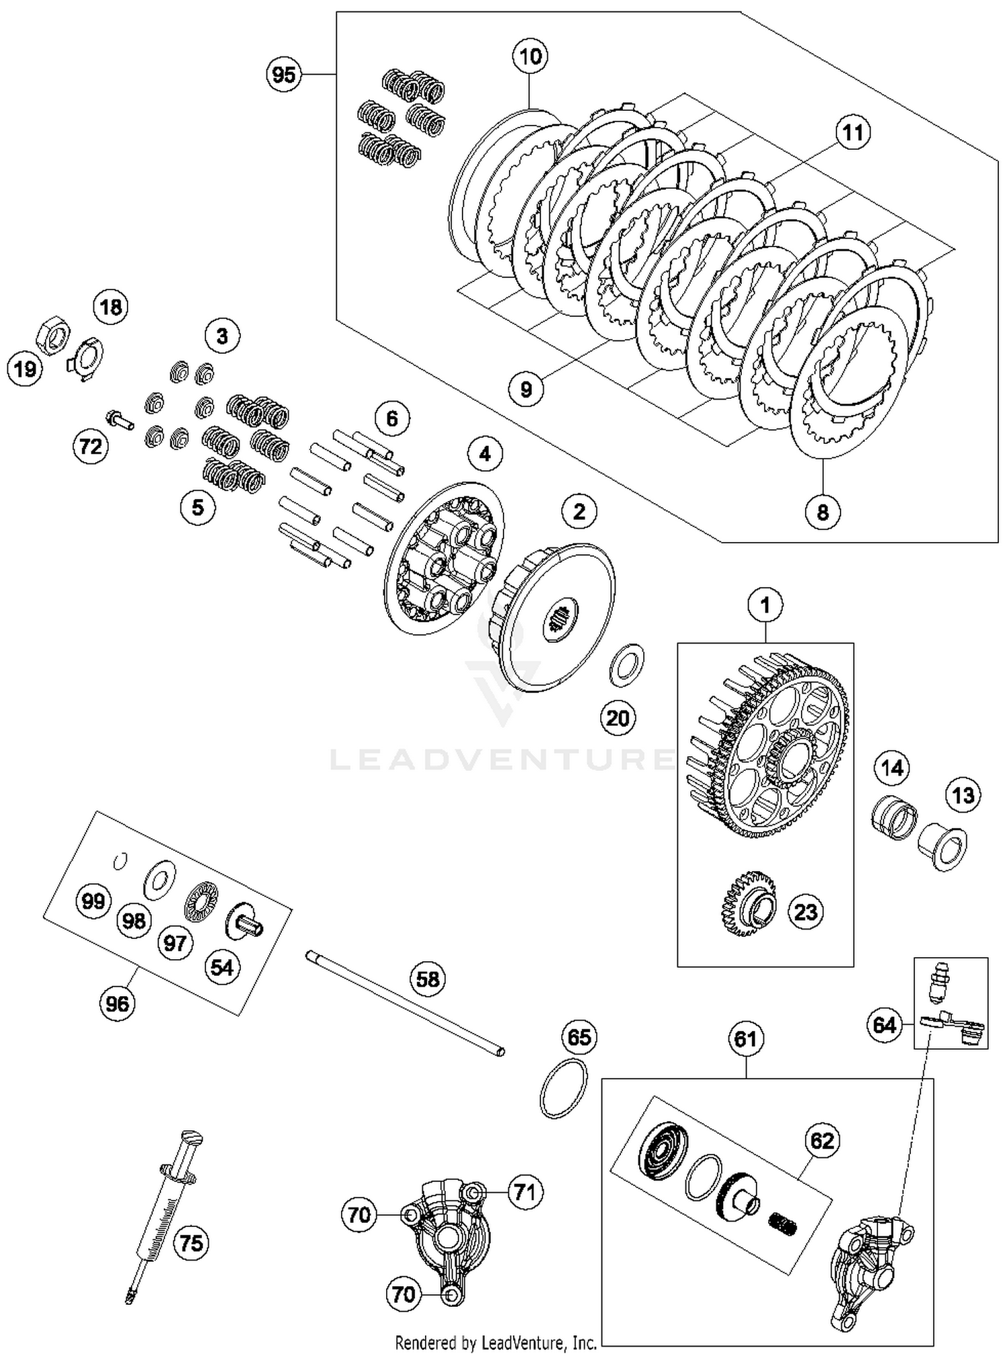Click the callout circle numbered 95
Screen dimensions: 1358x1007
(x=283, y=74)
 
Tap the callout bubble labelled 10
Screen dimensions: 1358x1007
(x=530, y=56)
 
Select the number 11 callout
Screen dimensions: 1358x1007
(x=852, y=132)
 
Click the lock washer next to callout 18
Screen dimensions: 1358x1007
(x=86, y=357)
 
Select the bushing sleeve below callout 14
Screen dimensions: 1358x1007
(x=894, y=816)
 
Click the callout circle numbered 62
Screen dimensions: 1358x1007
(x=822, y=1140)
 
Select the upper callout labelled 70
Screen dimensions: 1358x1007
(x=359, y=1214)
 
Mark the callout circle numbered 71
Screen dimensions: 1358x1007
(x=524, y=1191)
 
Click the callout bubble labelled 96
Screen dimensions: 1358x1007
(x=117, y=1003)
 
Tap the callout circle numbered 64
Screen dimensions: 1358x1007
(x=884, y=1025)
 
